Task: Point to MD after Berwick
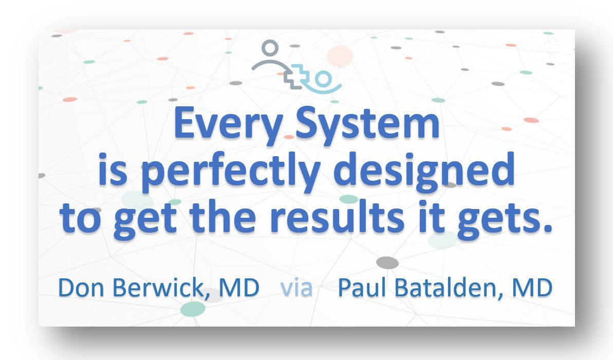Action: [x=239, y=288]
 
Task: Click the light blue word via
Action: [x=296, y=288]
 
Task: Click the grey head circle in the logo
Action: [x=269, y=48]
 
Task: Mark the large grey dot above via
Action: [x=387, y=263]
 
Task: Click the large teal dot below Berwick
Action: [x=193, y=309]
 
